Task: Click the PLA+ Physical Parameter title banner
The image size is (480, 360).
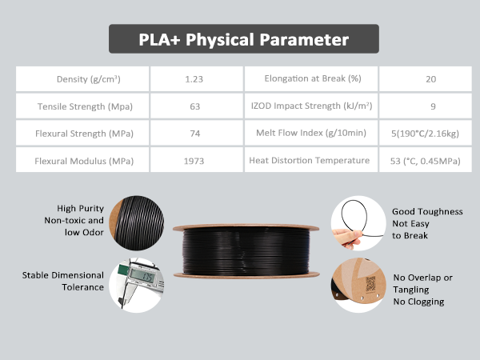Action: (x=243, y=39)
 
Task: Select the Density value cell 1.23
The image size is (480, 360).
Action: (x=194, y=79)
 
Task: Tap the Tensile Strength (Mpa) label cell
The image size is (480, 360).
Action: (x=83, y=106)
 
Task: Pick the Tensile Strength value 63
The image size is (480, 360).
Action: (x=194, y=106)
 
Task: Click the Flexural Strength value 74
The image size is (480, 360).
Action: (x=194, y=134)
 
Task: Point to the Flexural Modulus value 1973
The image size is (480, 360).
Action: (x=194, y=161)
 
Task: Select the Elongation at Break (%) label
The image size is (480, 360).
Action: (x=312, y=79)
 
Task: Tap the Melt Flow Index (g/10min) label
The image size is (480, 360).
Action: (x=311, y=134)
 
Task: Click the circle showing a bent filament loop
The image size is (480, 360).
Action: (x=358, y=220)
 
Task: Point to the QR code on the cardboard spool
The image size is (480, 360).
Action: (x=370, y=282)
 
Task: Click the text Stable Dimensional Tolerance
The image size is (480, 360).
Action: (x=63, y=282)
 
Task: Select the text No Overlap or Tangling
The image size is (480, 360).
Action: (x=423, y=283)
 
